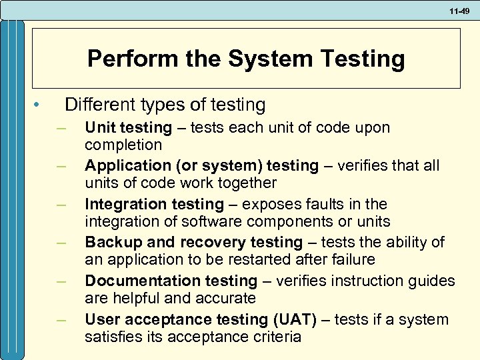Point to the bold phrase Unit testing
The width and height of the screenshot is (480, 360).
coord(128,127)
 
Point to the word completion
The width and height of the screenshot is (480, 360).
coord(123,145)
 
